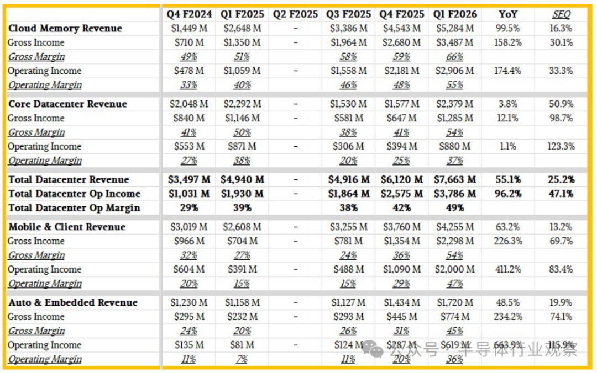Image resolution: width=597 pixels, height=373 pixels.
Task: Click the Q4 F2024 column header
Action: [188, 14]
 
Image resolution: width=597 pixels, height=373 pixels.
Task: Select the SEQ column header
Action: [561, 14]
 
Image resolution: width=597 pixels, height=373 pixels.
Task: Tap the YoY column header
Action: [507, 14]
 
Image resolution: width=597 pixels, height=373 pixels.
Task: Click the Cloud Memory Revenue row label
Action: [65, 28]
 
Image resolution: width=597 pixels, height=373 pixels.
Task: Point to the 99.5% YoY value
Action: [507, 28]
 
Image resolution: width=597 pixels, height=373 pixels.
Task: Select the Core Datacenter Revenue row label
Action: [67, 104]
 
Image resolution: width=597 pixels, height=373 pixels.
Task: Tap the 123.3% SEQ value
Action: [561, 146]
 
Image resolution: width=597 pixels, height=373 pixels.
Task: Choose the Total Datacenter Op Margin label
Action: [74, 208]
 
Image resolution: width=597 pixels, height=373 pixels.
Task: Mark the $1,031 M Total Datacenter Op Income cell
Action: [188, 194]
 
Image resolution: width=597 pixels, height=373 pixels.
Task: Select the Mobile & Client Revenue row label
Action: [67, 227]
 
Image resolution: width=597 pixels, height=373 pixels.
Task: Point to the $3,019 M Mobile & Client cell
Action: [188, 227]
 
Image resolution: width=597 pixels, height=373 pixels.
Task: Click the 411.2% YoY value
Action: [507, 269]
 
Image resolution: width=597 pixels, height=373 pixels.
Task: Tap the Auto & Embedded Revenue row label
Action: [73, 302]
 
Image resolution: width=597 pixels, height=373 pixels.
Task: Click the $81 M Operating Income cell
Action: [242, 345]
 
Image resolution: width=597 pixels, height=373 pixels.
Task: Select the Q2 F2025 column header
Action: [295, 14]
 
